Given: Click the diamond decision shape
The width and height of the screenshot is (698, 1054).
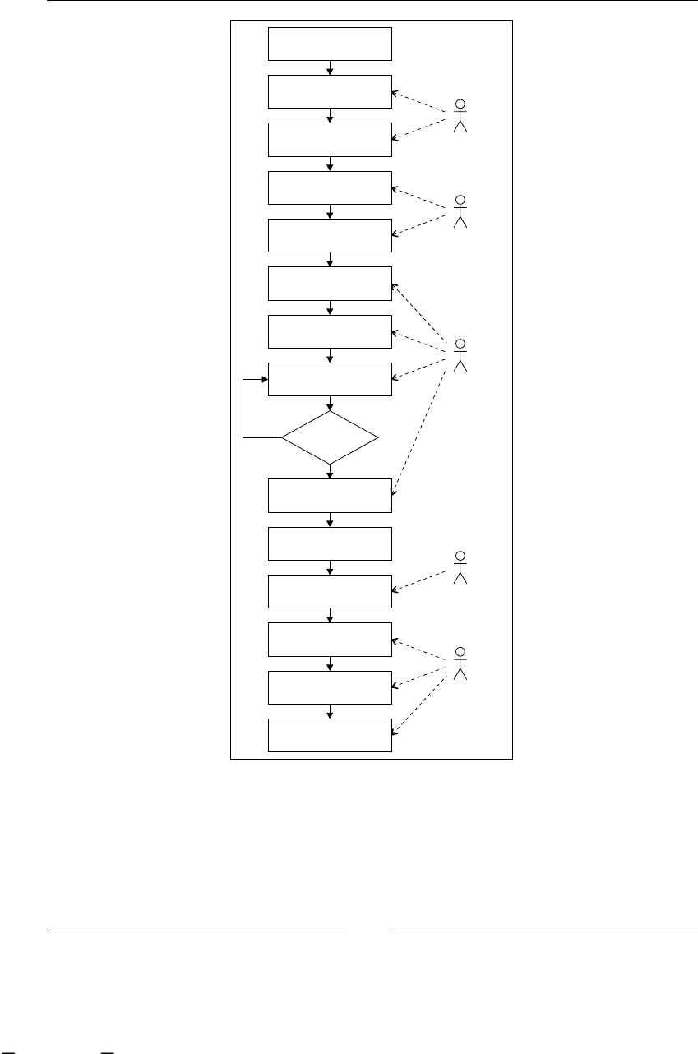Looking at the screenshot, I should click(330, 437).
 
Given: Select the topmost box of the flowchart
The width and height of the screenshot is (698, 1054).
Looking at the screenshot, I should click(330, 44).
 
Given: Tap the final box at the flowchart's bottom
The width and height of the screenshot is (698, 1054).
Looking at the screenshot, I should click(330, 735).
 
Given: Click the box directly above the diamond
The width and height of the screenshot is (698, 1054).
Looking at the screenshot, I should click(330, 380).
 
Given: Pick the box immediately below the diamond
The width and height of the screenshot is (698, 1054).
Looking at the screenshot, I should click(330, 495).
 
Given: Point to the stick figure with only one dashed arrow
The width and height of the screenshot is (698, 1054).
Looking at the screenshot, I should click(460, 567).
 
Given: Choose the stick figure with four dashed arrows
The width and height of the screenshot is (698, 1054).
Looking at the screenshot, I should click(460, 354).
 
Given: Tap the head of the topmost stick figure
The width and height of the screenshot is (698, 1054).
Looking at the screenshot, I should click(460, 104).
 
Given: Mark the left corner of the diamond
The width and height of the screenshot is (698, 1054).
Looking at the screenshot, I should click(283, 437).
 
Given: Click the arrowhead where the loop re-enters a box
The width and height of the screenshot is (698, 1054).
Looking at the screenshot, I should click(266, 380).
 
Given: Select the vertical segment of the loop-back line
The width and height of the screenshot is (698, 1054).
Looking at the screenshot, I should click(243, 409).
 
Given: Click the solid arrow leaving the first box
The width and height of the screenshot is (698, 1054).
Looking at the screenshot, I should click(330, 67).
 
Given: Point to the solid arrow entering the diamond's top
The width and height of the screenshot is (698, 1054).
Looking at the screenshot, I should click(330, 404).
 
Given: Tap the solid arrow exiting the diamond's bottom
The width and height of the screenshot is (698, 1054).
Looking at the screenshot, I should click(330, 471).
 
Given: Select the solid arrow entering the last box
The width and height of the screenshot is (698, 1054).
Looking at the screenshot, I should click(330, 711).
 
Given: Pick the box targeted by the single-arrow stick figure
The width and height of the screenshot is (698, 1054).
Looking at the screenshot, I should click(330, 591).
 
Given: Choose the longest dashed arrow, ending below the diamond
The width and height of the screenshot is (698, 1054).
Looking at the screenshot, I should click(421, 428).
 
